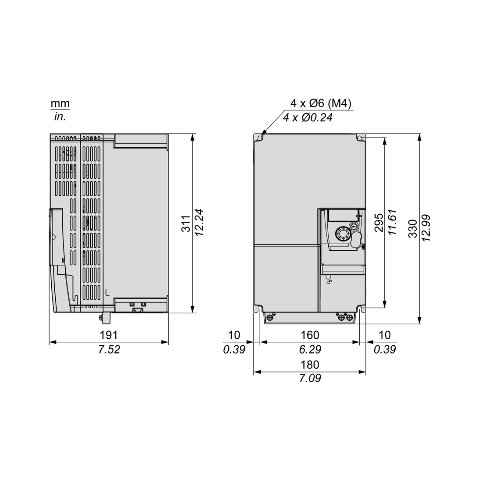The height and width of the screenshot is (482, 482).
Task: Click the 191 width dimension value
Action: [109, 335]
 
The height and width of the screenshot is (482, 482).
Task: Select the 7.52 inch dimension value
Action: [109, 350]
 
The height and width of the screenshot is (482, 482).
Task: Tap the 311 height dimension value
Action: [186, 223]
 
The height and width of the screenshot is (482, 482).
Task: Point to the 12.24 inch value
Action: [199, 223]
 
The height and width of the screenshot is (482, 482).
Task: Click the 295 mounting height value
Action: [379, 223]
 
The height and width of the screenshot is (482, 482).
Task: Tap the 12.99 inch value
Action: [427, 228]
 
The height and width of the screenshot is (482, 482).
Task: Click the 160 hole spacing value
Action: [310, 335]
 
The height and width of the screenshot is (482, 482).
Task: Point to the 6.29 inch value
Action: [310, 350]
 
